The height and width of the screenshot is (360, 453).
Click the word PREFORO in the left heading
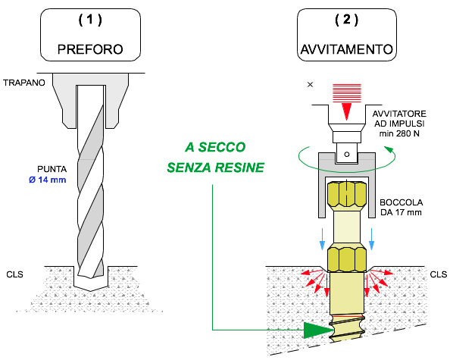pyautogui.click(x=90, y=49)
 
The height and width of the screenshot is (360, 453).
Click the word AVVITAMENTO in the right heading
pyautogui.click(x=347, y=49)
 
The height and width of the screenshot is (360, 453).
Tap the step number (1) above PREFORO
pyautogui.click(x=90, y=20)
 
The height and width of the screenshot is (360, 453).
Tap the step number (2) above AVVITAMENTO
pyautogui.click(x=347, y=20)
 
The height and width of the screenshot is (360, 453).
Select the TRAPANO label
pyautogui.click(x=24, y=83)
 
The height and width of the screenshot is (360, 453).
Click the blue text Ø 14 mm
pyautogui.click(x=48, y=180)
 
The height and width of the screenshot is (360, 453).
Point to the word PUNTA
pyautogui.click(x=52, y=169)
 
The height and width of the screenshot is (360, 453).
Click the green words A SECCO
pyautogui.click(x=215, y=147)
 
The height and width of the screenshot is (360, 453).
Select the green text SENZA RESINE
pyautogui.click(x=216, y=167)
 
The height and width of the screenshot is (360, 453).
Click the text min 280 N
pyautogui.click(x=399, y=133)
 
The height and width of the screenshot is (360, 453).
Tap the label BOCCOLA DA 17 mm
pyautogui.click(x=401, y=208)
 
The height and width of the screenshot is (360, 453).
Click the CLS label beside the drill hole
pyautogui.click(x=14, y=274)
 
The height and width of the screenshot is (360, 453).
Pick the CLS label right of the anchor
pyautogui.click(x=439, y=274)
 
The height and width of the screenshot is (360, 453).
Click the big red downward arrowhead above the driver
pyautogui.click(x=347, y=111)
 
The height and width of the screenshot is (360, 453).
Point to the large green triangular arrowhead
pyautogui.click(x=318, y=330)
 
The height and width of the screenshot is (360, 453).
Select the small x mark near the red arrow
pyautogui.click(x=310, y=85)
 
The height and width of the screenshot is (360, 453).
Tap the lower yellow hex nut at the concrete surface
pyautogui.click(x=347, y=258)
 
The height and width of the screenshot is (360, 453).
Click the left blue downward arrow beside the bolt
pyautogui.click(x=323, y=239)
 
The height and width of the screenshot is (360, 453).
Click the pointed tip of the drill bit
pyautogui.click(x=91, y=290)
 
